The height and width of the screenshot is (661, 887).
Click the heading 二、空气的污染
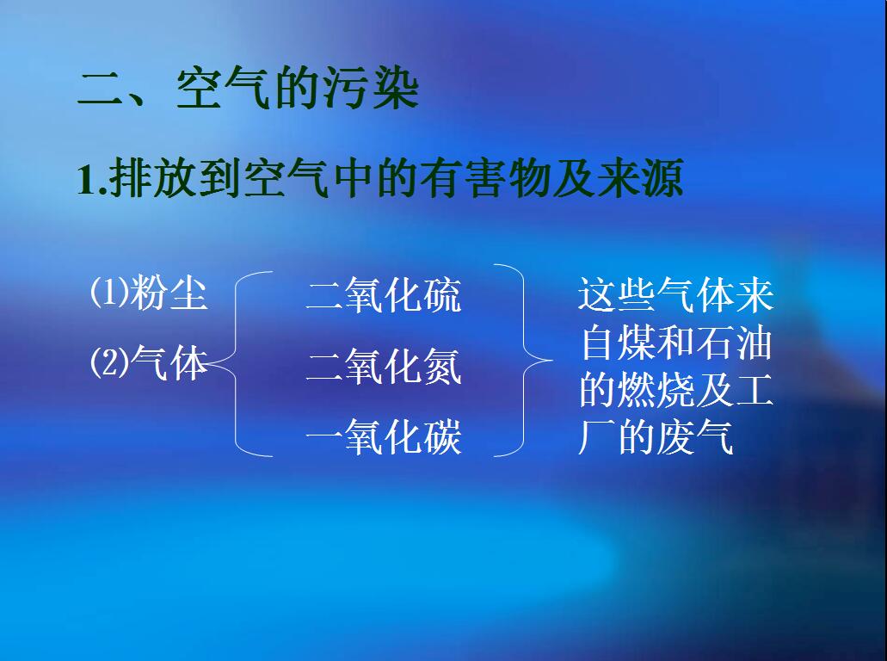[x=248, y=89]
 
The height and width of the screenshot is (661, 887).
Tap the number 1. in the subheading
[x=90, y=182]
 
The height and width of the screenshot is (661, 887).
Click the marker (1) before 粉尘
[x=109, y=293]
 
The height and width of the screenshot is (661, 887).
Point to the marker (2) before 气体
[x=109, y=364]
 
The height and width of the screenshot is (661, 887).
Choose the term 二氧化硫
[x=384, y=296]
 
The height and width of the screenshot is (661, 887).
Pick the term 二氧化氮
[x=384, y=368]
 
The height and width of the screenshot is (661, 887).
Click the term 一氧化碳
[x=384, y=438]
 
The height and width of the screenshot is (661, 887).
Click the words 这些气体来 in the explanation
[x=676, y=294]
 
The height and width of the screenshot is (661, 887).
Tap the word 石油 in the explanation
[x=734, y=343]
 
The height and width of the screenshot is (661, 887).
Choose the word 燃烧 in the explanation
[x=656, y=390]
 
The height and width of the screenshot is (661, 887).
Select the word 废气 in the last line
[x=695, y=438]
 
